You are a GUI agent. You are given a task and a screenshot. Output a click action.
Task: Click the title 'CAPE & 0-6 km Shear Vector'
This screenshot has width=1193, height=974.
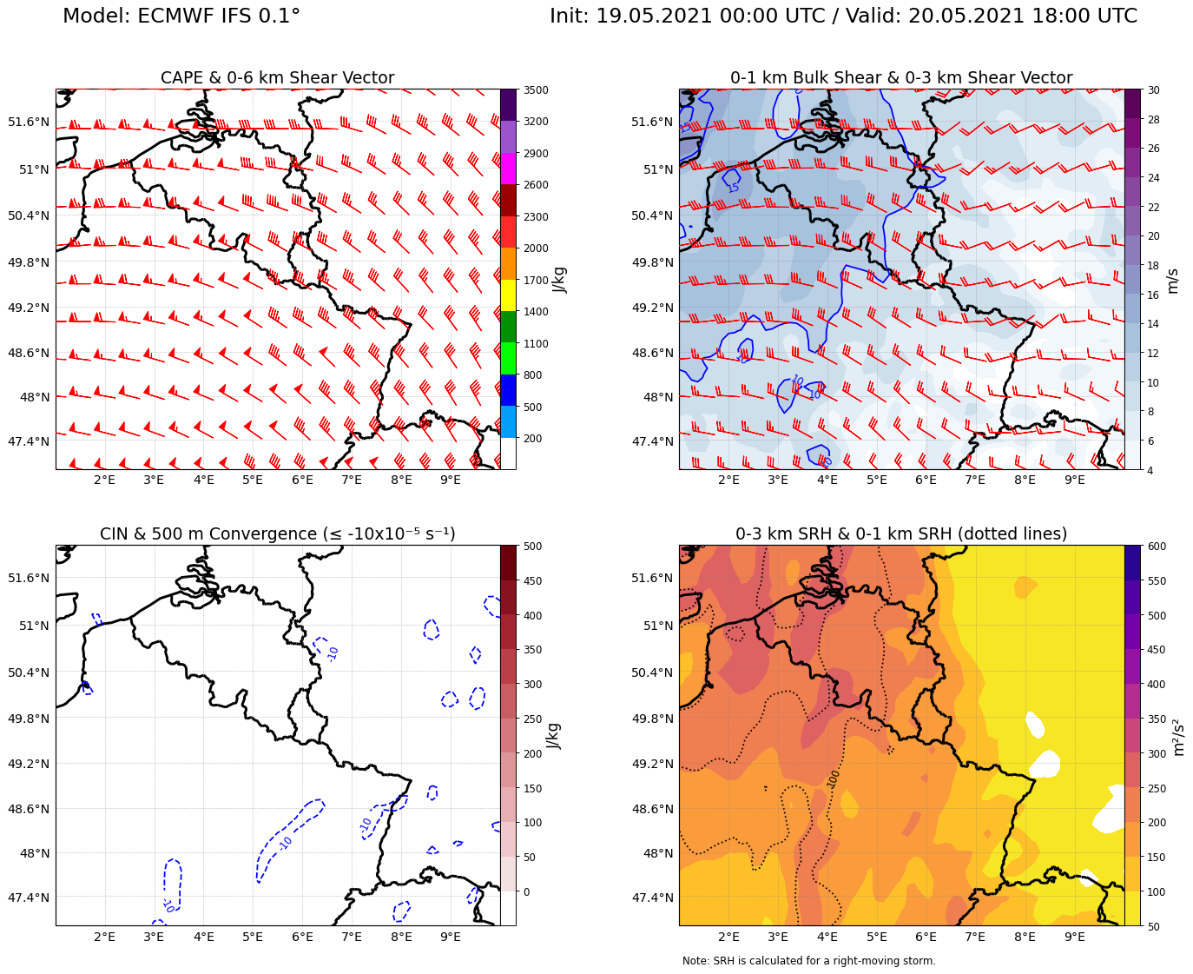(x=277, y=78)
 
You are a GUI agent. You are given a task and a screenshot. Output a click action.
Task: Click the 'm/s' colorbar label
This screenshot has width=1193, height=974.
(x=1172, y=280)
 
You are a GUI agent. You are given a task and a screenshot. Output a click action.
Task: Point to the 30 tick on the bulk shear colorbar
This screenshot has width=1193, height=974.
(x=1152, y=90)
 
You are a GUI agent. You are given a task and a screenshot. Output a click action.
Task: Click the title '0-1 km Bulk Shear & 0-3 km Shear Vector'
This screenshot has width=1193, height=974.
(x=900, y=78)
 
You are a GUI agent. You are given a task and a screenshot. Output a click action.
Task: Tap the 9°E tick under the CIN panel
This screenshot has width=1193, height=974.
(x=451, y=936)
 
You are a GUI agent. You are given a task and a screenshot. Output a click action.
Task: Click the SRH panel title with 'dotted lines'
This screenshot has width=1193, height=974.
(x=900, y=533)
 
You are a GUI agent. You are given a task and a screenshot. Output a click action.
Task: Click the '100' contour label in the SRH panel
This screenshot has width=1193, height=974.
(x=834, y=779)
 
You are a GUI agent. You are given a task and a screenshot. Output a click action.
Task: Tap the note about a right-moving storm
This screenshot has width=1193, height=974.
(x=808, y=961)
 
